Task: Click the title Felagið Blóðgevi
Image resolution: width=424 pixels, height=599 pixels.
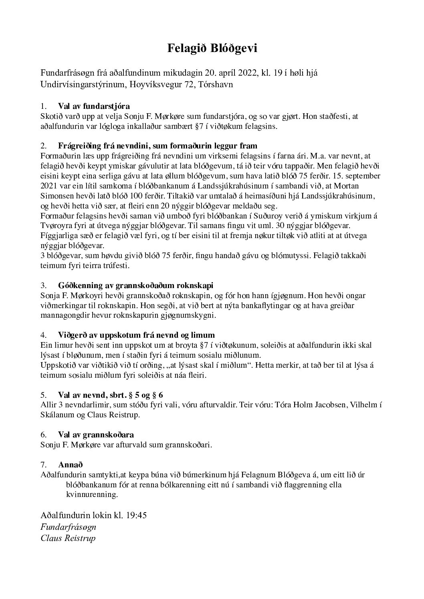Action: click(212, 48)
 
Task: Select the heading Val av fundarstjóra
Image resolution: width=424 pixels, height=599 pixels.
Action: click(94, 106)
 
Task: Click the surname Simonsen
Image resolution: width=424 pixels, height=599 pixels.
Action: click(57, 196)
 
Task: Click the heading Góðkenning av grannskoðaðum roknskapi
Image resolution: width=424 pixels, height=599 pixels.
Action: click(135, 285)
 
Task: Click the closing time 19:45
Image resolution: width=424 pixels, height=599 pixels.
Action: click(136, 515)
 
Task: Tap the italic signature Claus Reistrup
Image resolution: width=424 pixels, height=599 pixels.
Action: click(68, 538)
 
